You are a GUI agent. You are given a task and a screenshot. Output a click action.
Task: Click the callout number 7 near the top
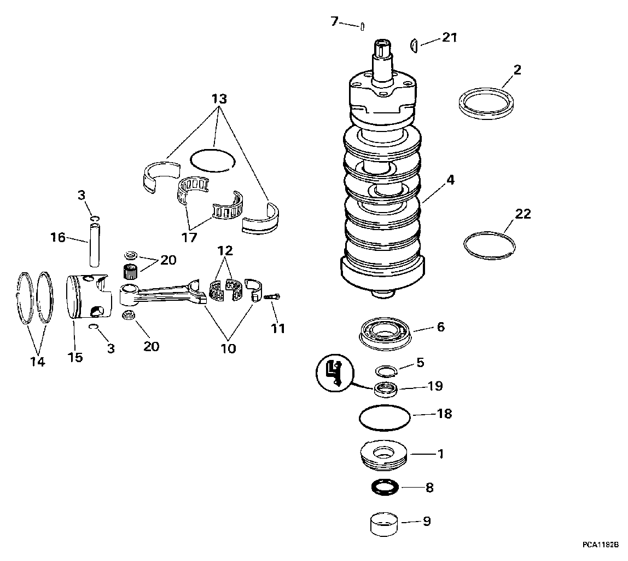coord(334,21)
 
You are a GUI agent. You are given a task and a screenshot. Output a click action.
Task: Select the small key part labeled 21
coord(415,45)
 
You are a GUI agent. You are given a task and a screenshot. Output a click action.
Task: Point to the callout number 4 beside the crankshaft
coord(450,180)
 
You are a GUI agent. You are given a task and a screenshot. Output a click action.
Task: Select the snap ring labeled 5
coord(385,371)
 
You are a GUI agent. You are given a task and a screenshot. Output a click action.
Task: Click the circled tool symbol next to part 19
coord(335,373)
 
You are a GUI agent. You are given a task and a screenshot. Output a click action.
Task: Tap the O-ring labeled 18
coord(385,418)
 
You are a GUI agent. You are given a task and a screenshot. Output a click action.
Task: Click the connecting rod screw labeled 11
coord(272,297)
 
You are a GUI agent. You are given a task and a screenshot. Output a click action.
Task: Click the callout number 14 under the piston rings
coord(38,362)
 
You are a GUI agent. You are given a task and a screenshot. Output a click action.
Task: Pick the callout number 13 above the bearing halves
coord(219,99)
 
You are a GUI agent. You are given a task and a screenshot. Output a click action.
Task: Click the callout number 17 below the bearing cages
coord(189,237)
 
